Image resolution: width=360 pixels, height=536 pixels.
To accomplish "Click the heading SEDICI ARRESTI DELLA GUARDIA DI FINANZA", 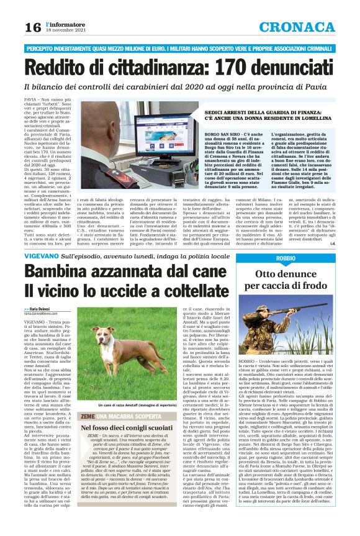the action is pos(256,107).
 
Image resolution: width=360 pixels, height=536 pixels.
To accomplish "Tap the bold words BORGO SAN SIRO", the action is pos(222,134).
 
